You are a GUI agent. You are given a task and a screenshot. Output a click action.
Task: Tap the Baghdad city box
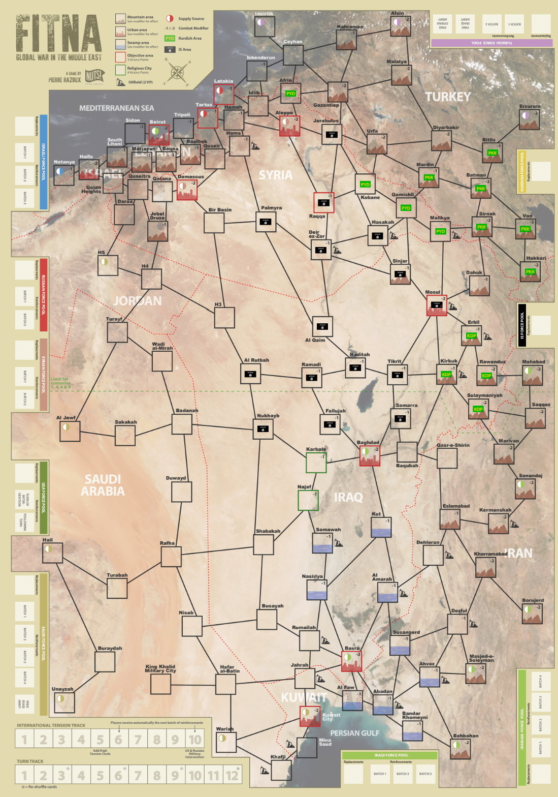[370, 455]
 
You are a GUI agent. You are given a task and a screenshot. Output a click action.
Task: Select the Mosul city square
[436, 305]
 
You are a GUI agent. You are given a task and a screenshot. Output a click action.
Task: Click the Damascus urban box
[187, 190]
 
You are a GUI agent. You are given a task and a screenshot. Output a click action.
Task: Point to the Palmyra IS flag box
[266, 222]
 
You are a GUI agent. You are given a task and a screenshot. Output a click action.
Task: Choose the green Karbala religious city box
[316, 463]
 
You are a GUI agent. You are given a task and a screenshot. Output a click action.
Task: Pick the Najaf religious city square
[308, 500]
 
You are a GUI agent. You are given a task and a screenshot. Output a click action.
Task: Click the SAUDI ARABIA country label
[103, 485]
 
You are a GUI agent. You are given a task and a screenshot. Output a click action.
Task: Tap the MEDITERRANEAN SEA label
[116, 108]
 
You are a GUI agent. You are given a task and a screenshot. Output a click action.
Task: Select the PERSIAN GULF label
[354, 733]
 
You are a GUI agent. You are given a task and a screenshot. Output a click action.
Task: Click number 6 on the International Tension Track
[118, 740]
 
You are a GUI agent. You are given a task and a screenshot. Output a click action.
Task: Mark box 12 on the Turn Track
[232, 776]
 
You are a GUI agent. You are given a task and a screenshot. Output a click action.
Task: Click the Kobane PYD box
[365, 184]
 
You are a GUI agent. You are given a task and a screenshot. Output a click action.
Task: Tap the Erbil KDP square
[471, 335]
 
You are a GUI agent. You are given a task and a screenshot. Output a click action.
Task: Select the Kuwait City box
[310, 716]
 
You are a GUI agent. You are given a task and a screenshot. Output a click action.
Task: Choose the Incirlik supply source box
[265, 26]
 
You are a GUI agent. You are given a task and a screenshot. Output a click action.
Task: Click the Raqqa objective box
[323, 202]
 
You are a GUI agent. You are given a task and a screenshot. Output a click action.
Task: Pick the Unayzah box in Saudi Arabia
[64, 702]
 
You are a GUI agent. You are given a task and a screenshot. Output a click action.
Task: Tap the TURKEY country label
[448, 97]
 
